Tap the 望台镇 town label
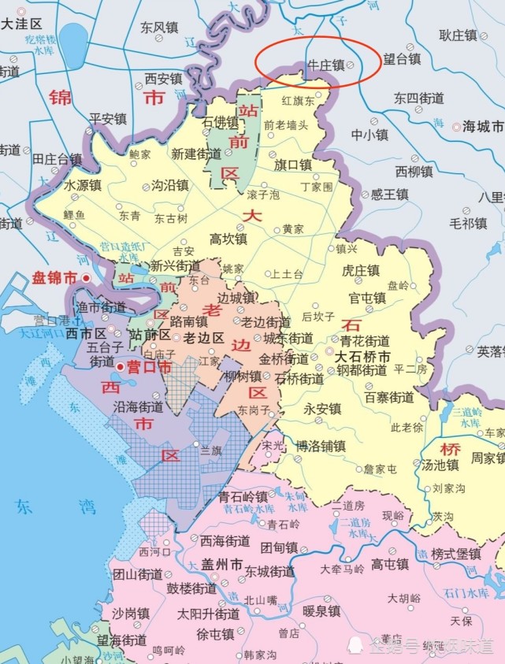pyautogui.click(x=401, y=58)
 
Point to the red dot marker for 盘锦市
pyautogui.click(x=86, y=278)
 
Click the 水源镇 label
pyautogui.click(x=83, y=186)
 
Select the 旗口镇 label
pyautogui.click(x=293, y=165)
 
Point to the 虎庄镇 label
pyautogui.click(x=361, y=270)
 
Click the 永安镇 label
pyautogui.click(x=322, y=409)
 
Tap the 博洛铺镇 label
pyautogui.click(x=321, y=445)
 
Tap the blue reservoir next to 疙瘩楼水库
pyautogui.click(x=76, y=41)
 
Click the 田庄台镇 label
pyautogui.click(x=57, y=159)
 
